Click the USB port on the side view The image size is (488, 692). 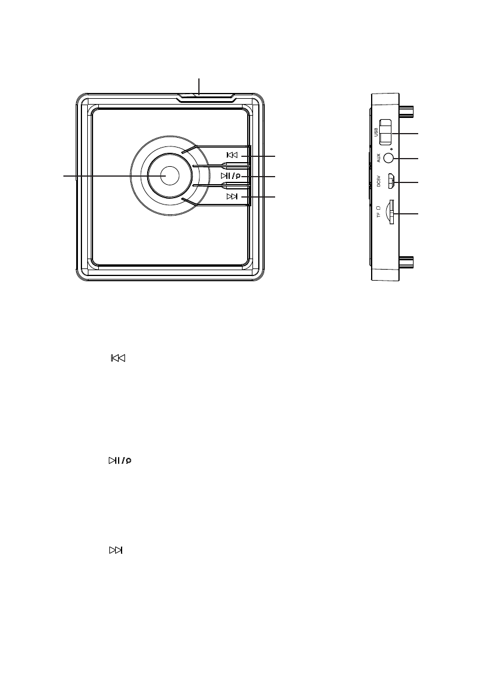point(386,133)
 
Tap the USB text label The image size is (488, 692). point(376,134)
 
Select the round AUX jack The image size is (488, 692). point(390,157)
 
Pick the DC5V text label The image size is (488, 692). point(378,181)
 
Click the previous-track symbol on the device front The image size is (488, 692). point(232,156)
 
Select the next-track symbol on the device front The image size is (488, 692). point(232,197)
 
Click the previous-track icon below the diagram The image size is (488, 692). point(118,358)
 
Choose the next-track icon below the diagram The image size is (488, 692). point(116,550)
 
